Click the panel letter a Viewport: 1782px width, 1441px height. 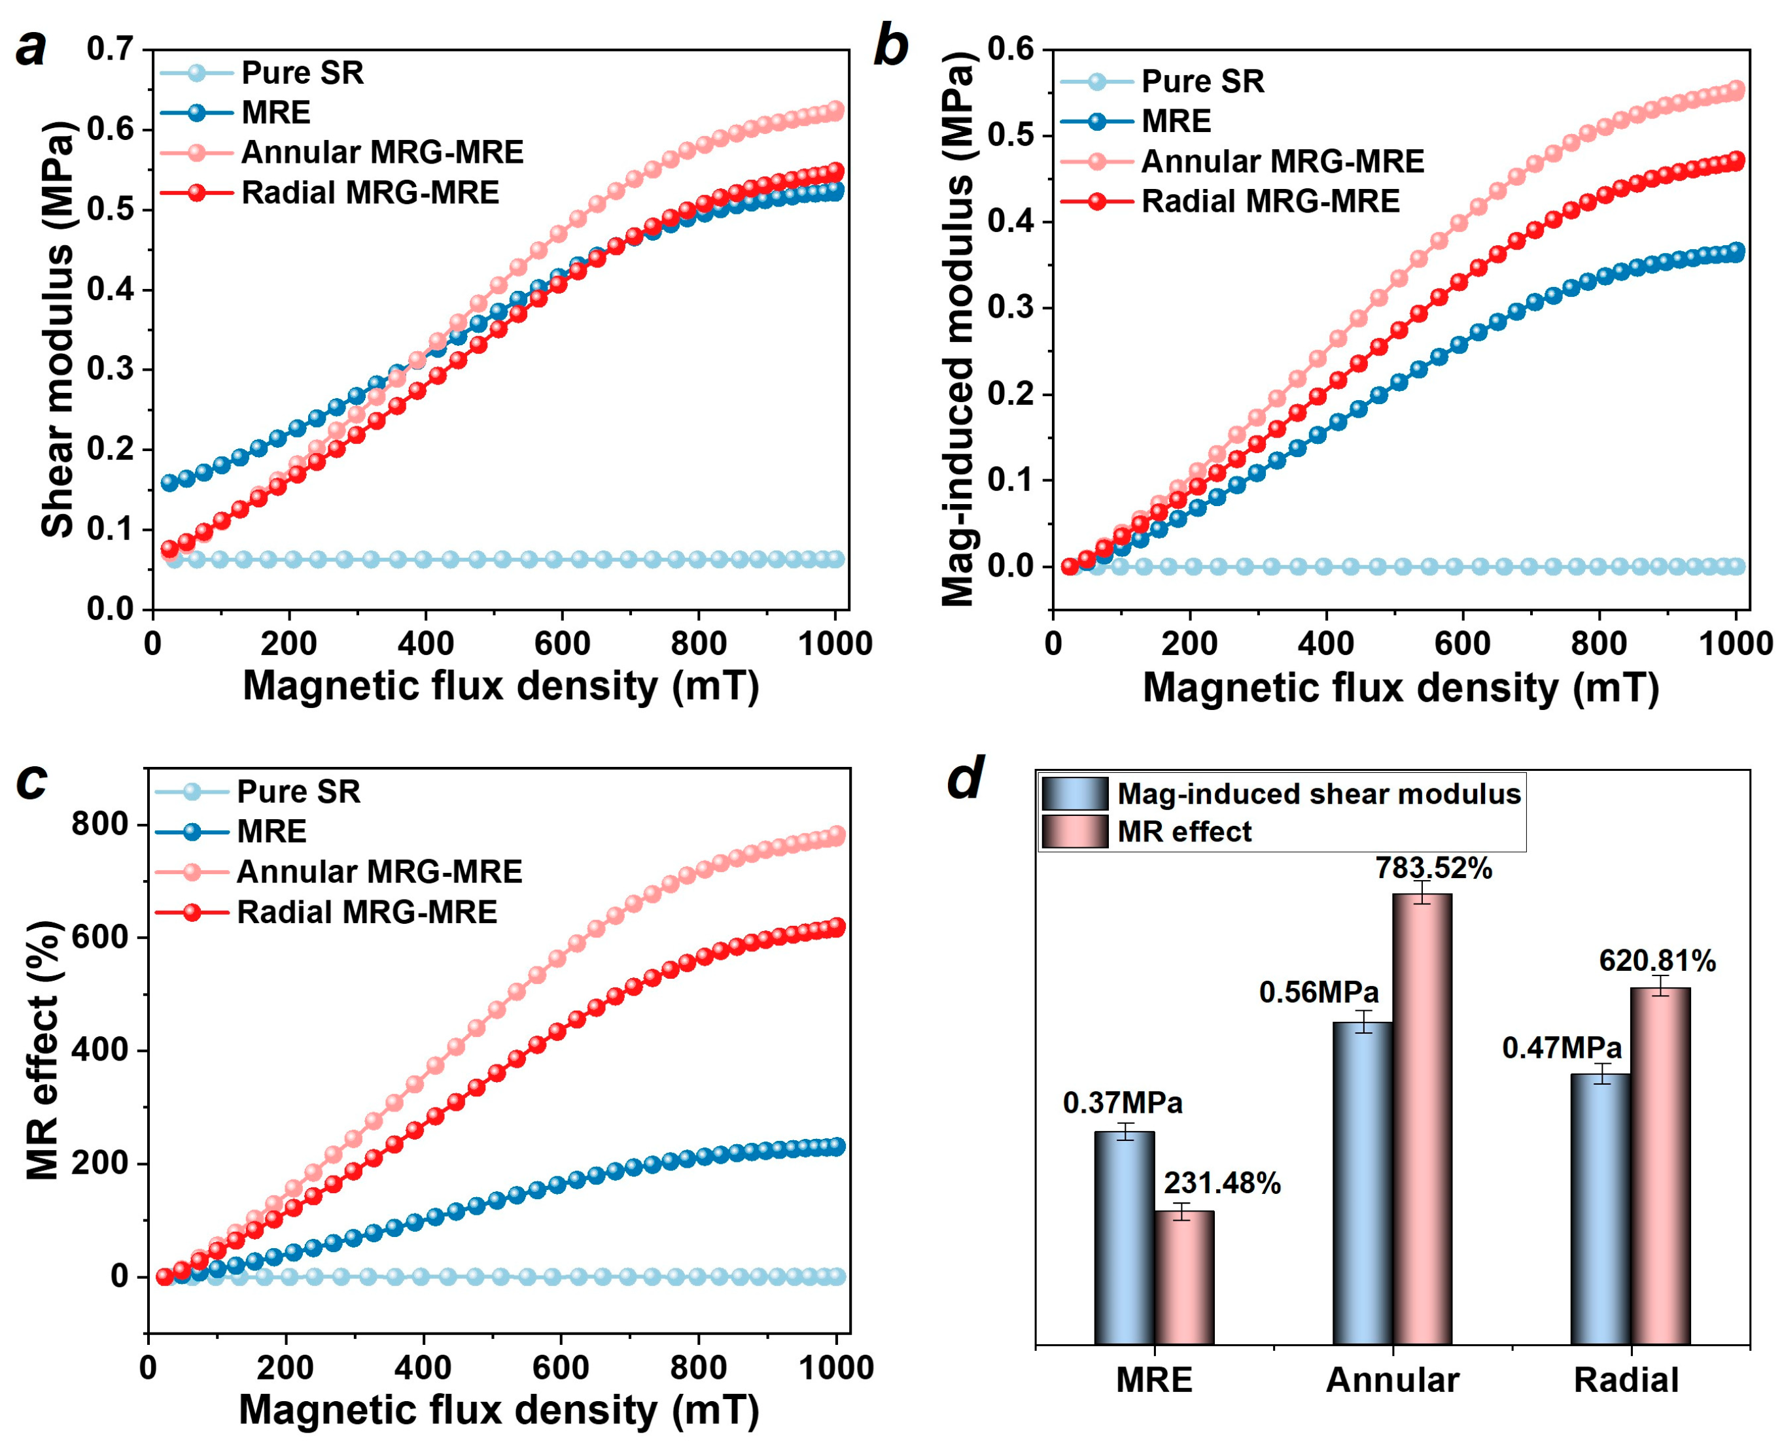tap(31, 48)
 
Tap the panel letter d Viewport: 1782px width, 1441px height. tap(966, 778)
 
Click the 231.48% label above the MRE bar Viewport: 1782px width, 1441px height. tap(1221, 1183)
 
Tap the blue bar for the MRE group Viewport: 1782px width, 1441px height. tap(1125, 1237)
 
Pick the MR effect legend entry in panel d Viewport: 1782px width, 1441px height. tap(1184, 832)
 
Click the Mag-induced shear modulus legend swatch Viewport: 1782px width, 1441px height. tap(1075, 794)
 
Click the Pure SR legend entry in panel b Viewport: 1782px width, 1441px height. tap(1202, 81)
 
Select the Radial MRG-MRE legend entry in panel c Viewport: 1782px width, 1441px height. tap(366, 912)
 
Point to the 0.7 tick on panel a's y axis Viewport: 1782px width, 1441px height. tap(110, 50)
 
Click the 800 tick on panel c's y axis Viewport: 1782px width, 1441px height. tap(99, 824)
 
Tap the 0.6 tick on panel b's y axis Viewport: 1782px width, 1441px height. tap(1011, 50)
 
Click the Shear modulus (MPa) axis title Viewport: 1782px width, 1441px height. tap(58, 329)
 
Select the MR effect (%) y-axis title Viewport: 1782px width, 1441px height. tap(43, 1051)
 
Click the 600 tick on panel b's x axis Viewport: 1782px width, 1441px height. tap(1462, 643)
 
